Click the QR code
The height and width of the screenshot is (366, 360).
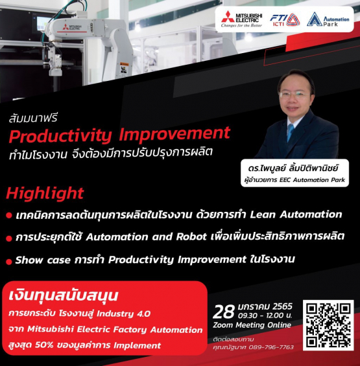(327, 325)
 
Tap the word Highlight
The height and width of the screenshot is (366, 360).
(45, 192)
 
